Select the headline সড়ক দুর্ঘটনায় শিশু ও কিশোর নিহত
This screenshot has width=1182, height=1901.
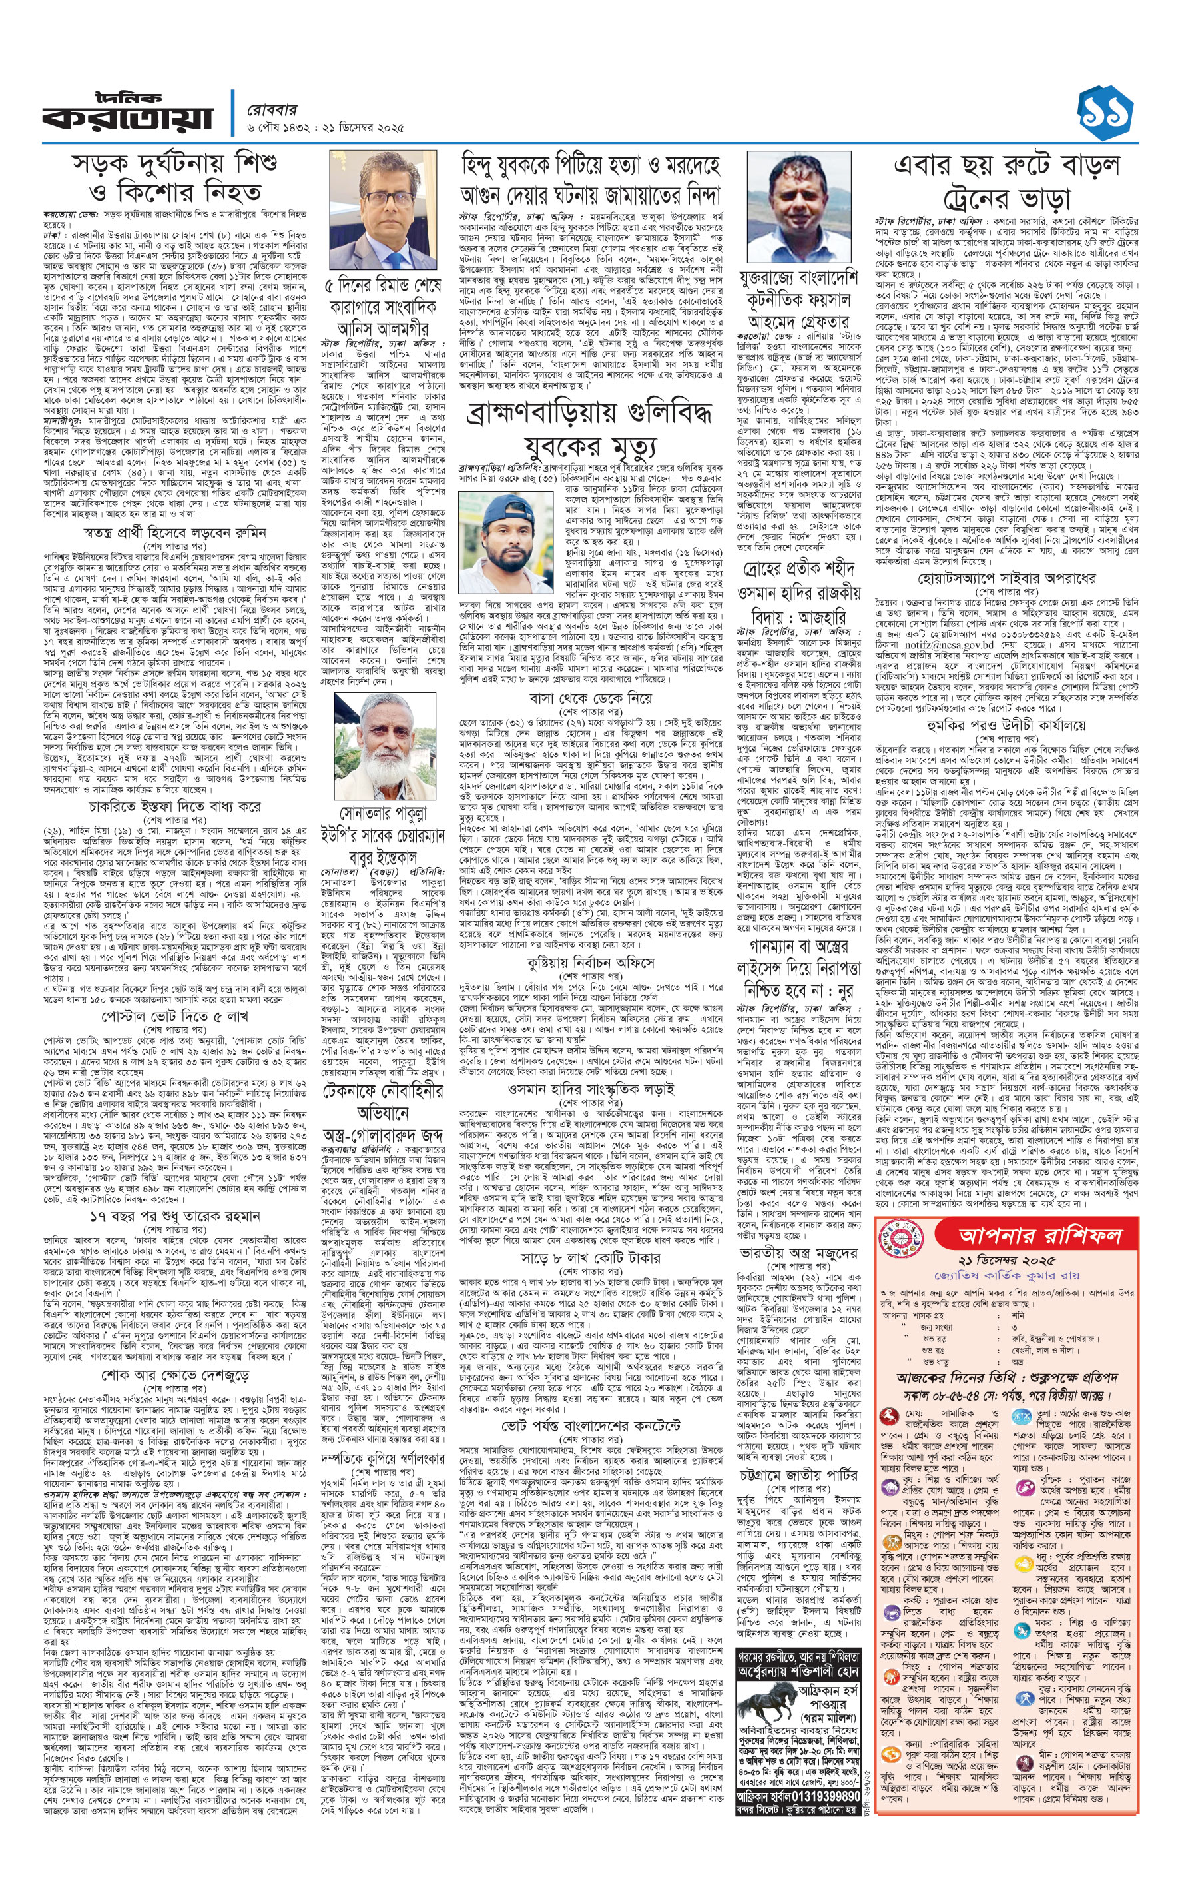[x=174, y=177]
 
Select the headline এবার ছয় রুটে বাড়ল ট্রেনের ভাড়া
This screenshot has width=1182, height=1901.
[x=1006, y=180]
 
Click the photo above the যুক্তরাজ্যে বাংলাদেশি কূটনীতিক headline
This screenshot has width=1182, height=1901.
[x=798, y=208]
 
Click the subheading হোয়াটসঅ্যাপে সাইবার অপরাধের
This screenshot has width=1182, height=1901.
[x=1006, y=578]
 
